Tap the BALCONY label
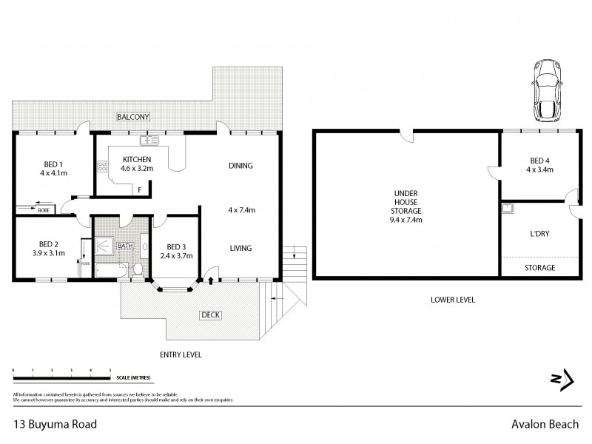coord(133,117)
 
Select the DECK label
coord(211,315)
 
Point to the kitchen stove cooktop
coord(102,166)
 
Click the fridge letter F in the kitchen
coord(139,190)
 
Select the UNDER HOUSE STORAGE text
coord(405,205)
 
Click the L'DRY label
coord(539,233)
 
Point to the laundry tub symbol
coord(508,208)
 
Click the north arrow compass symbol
coord(562,379)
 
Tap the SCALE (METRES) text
coord(134,377)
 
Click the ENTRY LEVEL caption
coord(181,354)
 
